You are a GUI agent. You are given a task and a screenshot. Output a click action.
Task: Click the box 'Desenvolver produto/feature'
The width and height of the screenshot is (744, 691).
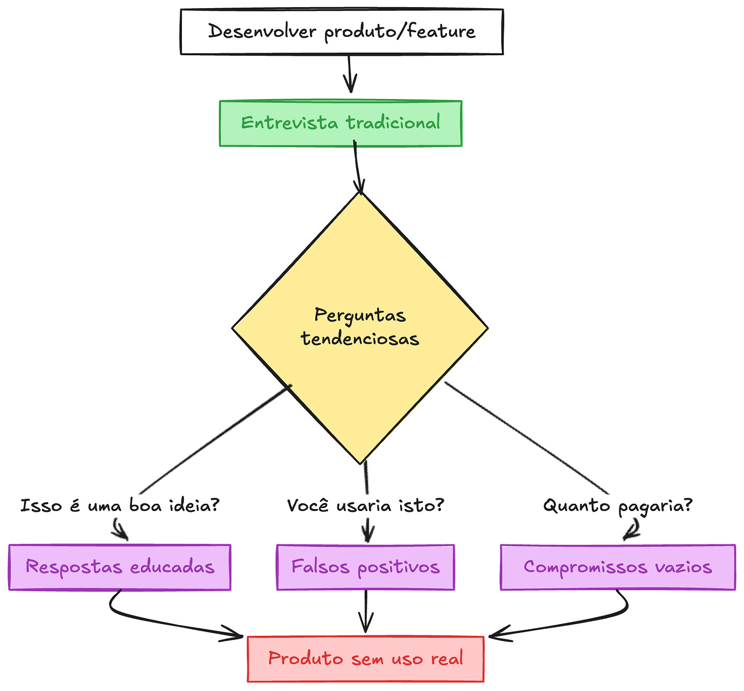(341, 32)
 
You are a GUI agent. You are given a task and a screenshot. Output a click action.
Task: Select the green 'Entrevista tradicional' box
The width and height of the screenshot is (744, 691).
(340, 123)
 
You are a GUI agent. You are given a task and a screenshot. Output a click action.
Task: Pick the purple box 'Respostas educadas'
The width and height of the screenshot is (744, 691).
(120, 567)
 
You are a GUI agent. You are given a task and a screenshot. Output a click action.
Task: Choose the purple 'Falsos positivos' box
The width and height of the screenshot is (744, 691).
(365, 567)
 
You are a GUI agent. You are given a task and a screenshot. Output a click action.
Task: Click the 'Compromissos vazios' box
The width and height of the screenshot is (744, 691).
(617, 567)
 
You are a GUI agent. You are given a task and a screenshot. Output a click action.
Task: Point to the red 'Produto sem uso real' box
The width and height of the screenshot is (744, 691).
(365, 659)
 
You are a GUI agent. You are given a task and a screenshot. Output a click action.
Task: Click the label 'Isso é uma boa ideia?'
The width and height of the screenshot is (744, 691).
(120, 506)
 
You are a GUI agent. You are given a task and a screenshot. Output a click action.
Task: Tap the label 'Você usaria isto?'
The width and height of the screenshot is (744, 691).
(365, 506)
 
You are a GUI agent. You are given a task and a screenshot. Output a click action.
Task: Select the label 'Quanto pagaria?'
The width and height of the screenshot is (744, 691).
(617, 506)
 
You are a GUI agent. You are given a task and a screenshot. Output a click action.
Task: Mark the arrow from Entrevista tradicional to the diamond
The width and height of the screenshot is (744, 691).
(357, 169)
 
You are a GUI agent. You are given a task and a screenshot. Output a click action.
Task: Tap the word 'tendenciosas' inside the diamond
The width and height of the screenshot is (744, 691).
(360, 339)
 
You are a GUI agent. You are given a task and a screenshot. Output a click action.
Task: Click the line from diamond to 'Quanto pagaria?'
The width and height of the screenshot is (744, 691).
(526, 437)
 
